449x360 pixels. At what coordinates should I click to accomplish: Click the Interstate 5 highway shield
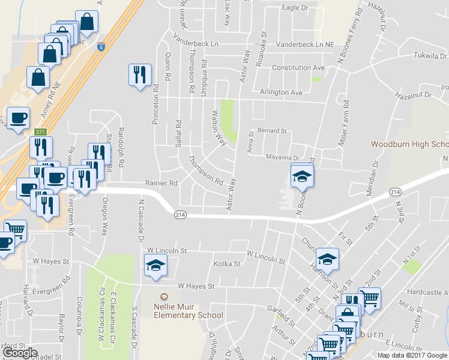tap(100, 45)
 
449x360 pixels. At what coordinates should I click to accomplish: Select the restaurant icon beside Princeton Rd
tap(140, 75)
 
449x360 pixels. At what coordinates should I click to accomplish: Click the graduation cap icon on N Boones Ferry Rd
tap(302, 175)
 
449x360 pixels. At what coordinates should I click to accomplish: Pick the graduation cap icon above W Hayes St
tap(155, 266)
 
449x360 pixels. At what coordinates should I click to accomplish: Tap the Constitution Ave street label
tap(298, 68)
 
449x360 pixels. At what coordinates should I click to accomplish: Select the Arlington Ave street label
tap(281, 93)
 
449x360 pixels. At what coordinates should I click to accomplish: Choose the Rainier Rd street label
tap(161, 183)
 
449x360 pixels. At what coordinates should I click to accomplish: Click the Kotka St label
tap(227, 263)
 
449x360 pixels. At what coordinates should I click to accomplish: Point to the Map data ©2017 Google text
tap(412, 355)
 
